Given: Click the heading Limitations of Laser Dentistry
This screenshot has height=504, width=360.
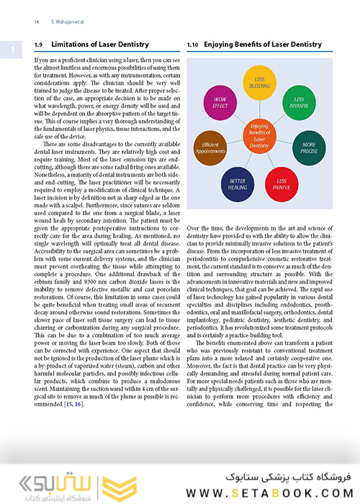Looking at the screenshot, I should [x=99, y=45].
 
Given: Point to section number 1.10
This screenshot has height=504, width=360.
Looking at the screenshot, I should [x=192, y=45].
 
